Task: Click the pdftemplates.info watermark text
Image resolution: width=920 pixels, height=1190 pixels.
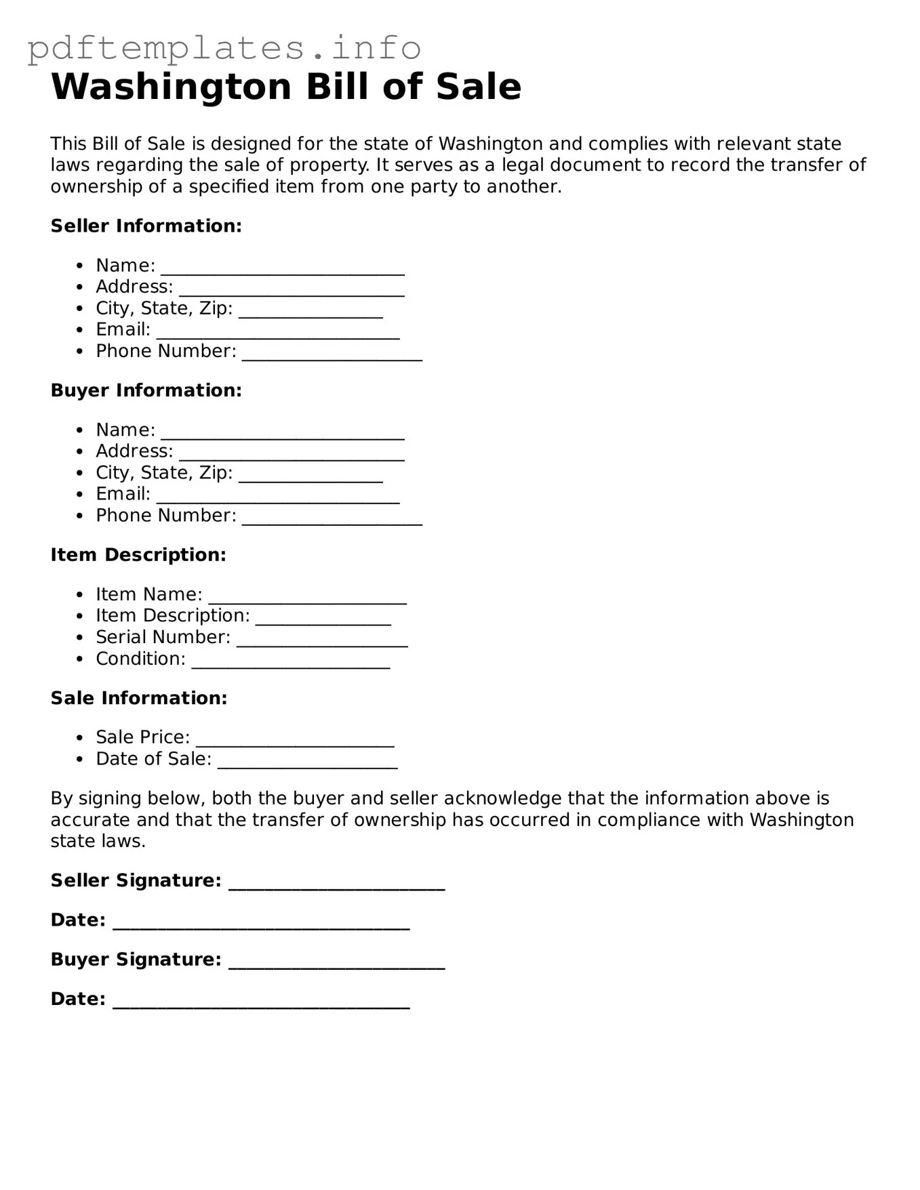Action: coord(224,47)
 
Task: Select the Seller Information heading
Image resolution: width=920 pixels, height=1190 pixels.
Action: coord(146,226)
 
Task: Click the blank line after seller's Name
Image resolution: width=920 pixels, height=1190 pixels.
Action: coord(282,270)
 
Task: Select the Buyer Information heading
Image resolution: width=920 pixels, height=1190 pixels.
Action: coord(146,390)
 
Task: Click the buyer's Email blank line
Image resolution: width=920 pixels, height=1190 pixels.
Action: coord(277,499)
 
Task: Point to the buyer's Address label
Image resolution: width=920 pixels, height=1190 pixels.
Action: coord(134,451)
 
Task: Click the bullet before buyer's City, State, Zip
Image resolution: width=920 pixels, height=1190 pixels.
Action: coord(81,473)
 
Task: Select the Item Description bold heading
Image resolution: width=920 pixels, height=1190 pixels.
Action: coord(138,555)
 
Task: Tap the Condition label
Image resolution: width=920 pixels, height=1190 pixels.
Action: coord(140,659)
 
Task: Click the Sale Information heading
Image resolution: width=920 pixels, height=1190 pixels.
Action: coord(139,698)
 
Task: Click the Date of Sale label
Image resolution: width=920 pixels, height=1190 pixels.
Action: coord(154,759)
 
